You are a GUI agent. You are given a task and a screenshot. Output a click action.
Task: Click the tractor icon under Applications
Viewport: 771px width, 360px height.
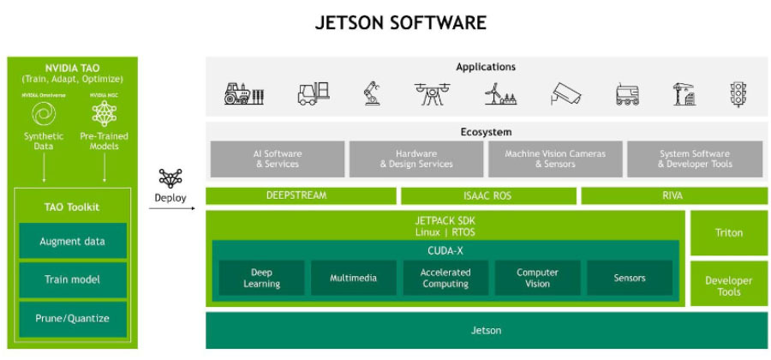tap(243, 93)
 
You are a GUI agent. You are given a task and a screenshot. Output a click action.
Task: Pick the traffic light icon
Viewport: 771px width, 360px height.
tap(738, 93)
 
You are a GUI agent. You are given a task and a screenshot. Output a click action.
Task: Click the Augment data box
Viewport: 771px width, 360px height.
tap(72, 241)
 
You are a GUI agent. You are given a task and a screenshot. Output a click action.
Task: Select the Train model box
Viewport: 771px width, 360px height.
tap(72, 279)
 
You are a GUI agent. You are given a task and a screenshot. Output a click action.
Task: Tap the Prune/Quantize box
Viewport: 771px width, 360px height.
tap(72, 319)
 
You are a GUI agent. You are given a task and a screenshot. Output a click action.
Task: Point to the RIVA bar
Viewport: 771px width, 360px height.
tap(672, 195)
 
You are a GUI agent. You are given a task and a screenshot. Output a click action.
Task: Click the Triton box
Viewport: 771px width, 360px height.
tap(728, 232)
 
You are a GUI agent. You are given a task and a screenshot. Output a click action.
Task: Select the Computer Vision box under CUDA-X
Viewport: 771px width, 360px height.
tap(537, 278)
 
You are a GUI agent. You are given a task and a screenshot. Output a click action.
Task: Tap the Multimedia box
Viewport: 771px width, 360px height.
tap(354, 278)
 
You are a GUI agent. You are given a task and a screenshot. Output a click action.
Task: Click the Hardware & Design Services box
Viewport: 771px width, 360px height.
tap(415, 159)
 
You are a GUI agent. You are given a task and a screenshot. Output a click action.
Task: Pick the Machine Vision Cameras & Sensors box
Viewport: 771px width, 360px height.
tap(554, 159)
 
